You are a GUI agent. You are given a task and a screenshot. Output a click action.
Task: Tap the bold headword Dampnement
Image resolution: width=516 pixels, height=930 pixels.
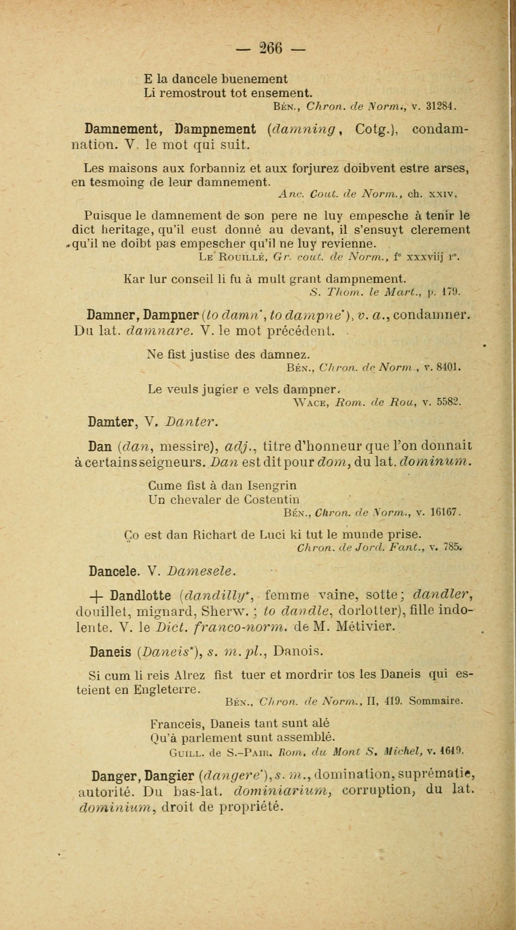216,129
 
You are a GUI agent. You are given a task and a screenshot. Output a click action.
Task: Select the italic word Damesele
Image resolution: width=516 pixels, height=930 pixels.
201,571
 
